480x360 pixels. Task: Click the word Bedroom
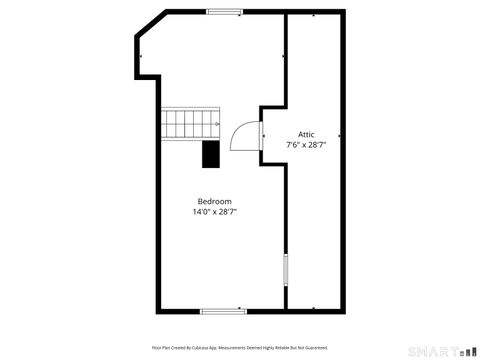(x=214, y=201)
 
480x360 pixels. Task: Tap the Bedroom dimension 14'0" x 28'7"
(x=214, y=212)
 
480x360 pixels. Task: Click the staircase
(x=190, y=125)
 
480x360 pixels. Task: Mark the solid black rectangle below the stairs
(x=211, y=153)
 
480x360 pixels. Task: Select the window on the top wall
(x=224, y=12)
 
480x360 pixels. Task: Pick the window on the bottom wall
(x=217, y=311)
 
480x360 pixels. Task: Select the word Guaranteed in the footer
(x=314, y=347)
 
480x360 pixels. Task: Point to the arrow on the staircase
(x=214, y=118)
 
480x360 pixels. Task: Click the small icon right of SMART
(x=467, y=350)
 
